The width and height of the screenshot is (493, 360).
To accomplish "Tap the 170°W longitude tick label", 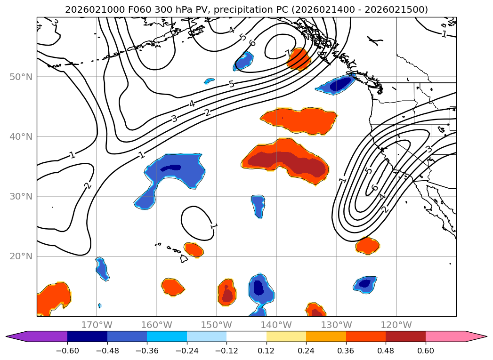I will [x=97, y=325].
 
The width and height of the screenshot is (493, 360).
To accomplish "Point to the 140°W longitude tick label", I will [x=276, y=325].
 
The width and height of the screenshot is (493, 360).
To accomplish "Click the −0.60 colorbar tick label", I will [x=67, y=352].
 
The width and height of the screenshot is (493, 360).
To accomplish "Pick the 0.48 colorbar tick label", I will [x=386, y=352].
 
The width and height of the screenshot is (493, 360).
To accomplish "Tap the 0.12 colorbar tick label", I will [x=266, y=352].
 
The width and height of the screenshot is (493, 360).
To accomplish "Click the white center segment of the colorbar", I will [x=246, y=336].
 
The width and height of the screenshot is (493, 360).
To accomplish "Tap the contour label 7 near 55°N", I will [x=288, y=53].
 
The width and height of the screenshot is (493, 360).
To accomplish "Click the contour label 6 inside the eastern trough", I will [x=374, y=188].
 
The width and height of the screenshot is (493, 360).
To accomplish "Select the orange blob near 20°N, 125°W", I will [x=367, y=245].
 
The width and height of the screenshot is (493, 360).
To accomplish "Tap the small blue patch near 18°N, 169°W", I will [x=102, y=268].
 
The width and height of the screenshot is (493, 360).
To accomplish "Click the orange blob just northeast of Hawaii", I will [x=194, y=249].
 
